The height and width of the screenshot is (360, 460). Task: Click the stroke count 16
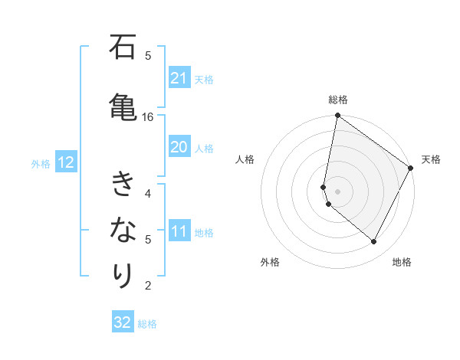coord(148,116)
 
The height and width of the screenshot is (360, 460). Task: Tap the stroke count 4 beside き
coord(148,193)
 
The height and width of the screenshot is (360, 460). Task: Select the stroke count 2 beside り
coord(148,286)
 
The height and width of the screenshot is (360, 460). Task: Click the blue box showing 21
coord(179,78)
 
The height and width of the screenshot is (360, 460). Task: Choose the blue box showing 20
coord(179,147)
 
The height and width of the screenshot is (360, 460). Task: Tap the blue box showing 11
coord(179,231)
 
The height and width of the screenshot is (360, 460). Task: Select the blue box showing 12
coord(65,162)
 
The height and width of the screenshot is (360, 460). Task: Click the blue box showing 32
coord(123,322)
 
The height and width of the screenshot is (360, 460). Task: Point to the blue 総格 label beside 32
coord(147,324)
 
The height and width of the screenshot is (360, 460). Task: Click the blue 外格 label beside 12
coord(41,163)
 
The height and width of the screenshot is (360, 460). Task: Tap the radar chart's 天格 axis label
coord(431,159)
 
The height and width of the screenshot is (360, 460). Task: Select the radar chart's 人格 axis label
coord(245,159)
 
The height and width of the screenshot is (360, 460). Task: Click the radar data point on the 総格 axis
coord(337,116)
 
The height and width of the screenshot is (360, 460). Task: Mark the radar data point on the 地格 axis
coord(374,242)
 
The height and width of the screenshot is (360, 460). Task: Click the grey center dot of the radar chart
coord(337,191)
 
